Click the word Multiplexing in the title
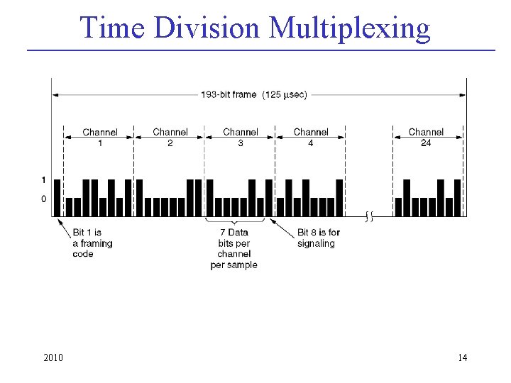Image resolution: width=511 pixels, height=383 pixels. coord(350,28)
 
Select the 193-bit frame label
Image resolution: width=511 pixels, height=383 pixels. coord(229,95)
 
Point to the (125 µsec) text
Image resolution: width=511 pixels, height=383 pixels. coord(285,95)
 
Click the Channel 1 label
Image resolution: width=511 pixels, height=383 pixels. coord(100,137)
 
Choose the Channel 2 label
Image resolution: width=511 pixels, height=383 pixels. coord(170,137)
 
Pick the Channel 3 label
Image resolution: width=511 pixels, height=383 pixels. coord(241,137)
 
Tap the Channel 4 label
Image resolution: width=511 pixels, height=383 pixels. coord(311,137)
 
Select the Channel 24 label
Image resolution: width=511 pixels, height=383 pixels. coord(426,137)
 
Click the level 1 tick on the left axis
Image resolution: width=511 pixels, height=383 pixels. coord(44,180)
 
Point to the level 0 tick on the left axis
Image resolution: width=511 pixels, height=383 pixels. coord(44,199)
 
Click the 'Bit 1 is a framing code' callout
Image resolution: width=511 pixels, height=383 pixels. coord(92,243)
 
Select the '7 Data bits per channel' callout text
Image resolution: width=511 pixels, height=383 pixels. coord(233,248)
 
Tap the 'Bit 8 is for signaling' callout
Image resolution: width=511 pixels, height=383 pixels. coord(318,238)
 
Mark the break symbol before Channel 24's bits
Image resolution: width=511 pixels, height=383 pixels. coord(368,215)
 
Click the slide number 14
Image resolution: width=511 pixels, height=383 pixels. coord(463,357)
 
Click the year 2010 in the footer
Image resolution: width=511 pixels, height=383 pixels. coord(53,357)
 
